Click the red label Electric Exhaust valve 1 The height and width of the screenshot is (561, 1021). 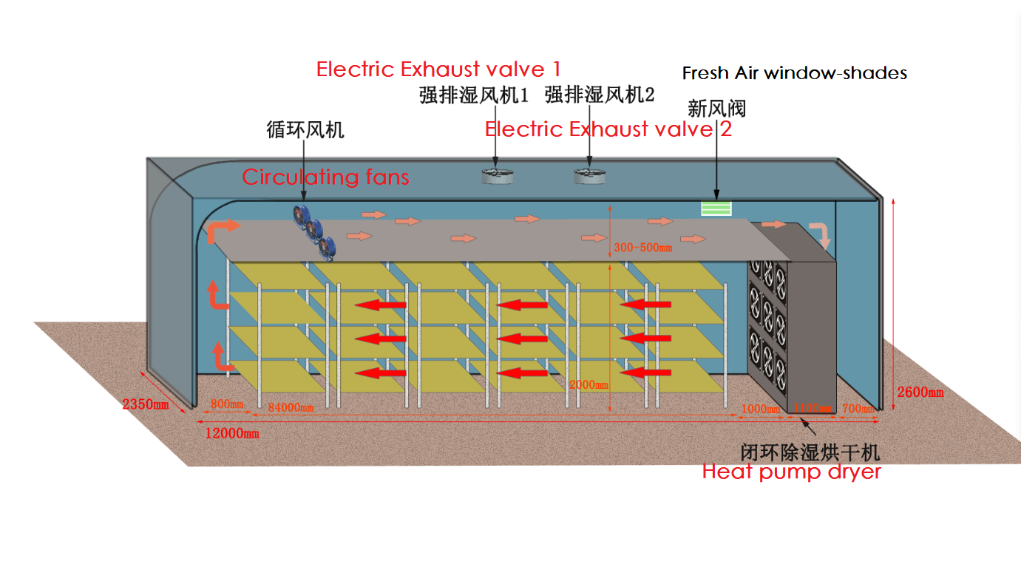coord(438,69)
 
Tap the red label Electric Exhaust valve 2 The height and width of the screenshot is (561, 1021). coord(608,129)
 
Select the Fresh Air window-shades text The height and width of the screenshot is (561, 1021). coord(794,73)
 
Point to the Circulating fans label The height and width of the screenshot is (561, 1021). coord(325,177)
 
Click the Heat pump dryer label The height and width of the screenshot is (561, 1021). coord(791,471)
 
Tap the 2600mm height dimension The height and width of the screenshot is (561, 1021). coord(920,392)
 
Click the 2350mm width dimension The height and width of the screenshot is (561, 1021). coord(146,404)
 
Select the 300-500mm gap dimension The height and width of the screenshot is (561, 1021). coord(643,248)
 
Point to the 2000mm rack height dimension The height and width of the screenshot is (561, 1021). coord(589,384)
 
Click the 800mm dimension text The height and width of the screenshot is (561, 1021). coord(227,404)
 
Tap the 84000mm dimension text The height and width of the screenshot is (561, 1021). coord(291,407)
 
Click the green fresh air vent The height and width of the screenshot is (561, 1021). coord(716,208)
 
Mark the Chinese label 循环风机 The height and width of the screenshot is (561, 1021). coord(305,131)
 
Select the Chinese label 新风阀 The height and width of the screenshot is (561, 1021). coord(716,109)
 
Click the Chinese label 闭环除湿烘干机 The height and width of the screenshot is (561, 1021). coord(810,451)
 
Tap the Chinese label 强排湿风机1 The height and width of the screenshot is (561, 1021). coord(474,95)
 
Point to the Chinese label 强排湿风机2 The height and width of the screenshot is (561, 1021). coord(600,95)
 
